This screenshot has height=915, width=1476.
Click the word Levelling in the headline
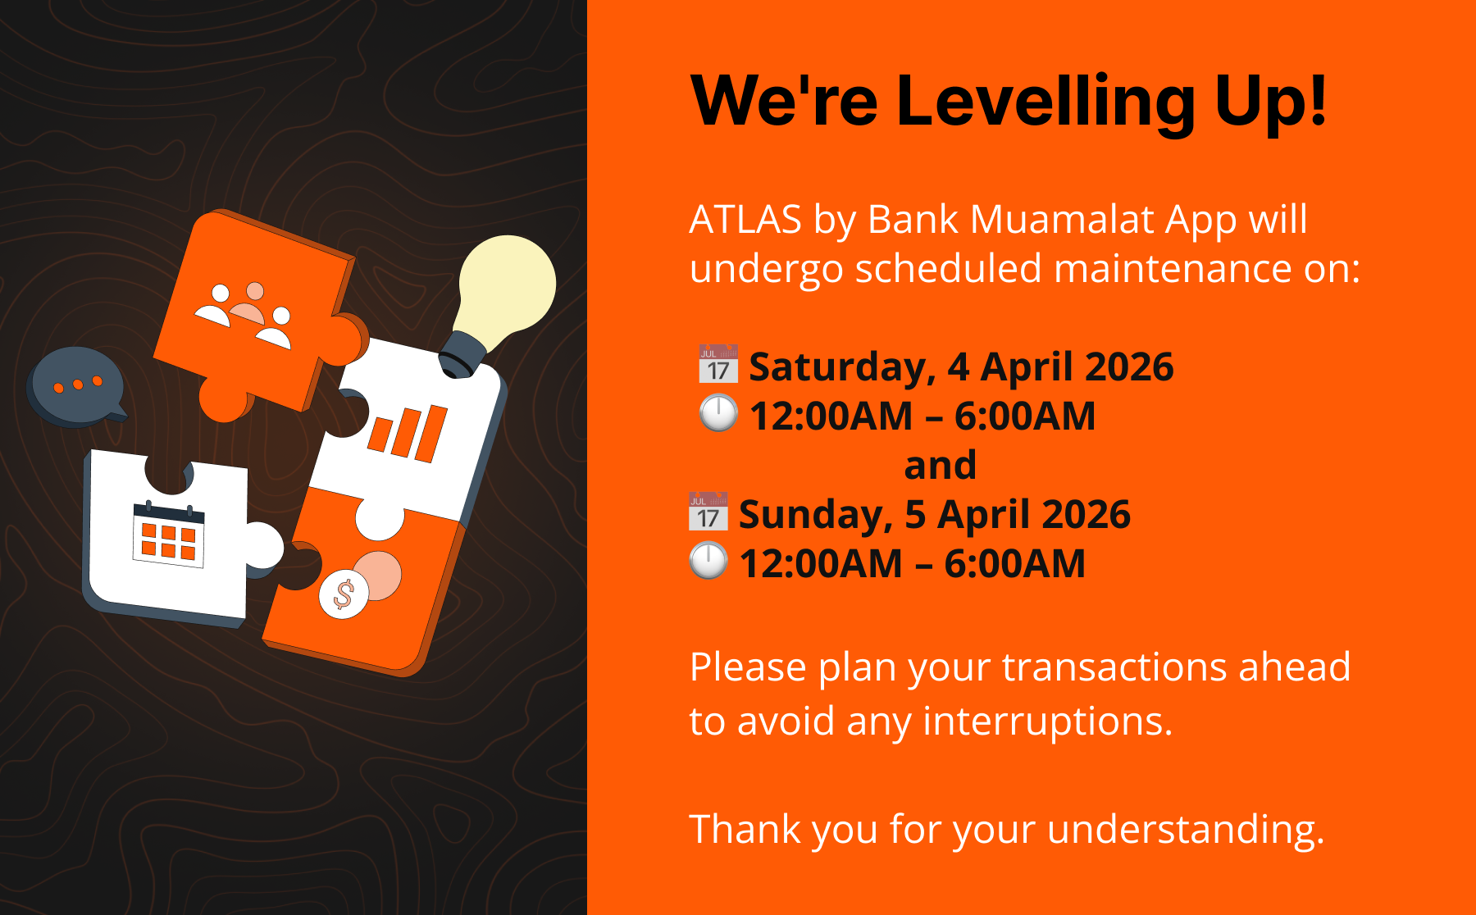point(1045,101)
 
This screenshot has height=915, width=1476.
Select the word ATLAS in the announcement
point(745,220)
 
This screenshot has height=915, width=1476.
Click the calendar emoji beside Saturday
point(718,364)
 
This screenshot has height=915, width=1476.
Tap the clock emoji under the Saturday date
point(718,413)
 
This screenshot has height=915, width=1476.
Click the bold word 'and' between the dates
point(940,465)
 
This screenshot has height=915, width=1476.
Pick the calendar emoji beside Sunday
point(708,512)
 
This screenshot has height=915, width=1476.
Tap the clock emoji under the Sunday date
point(708,561)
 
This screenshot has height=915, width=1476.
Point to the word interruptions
point(1048,722)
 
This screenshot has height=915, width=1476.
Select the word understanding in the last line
point(1186,830)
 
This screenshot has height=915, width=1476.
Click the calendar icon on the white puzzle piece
point(169,533)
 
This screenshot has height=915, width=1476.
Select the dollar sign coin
point(344,594)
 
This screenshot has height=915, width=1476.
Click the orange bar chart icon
point(408,432)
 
